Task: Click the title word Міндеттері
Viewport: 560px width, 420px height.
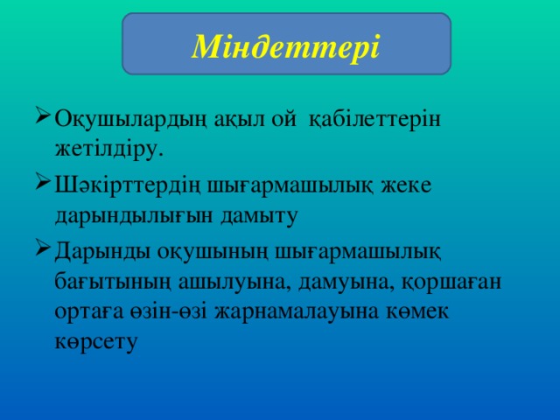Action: [x=285, y=43]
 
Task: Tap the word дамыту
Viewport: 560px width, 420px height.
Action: [x=266, y=215]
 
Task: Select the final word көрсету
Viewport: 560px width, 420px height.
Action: [x=94, y=343]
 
